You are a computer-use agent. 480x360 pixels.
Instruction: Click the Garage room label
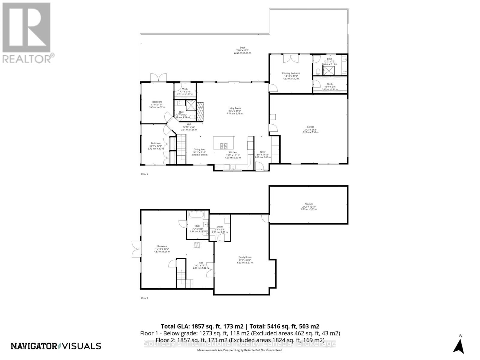(310, 127)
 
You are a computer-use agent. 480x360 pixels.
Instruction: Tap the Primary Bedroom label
(291, 73)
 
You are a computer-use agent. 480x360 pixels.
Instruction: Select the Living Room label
(235, 108)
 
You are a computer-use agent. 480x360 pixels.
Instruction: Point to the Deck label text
(242, 48)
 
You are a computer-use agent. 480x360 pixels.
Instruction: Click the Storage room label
(309, 204)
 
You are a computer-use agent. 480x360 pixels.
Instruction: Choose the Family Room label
(245, 257)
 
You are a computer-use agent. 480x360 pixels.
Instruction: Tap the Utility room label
(220, 227)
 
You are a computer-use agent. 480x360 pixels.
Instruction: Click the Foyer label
(262, 152)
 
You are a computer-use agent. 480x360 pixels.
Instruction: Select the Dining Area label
(199, 149)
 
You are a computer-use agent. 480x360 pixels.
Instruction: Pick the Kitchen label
(233, 152)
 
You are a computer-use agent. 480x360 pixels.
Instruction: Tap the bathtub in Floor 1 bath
(196, 215)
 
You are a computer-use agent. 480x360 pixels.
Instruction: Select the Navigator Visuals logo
(56, 346)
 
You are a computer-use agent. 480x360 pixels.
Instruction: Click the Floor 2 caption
(145, 174)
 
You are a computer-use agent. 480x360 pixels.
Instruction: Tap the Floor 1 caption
(145, 298)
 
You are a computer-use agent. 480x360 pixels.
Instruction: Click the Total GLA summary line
(240, 326)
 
